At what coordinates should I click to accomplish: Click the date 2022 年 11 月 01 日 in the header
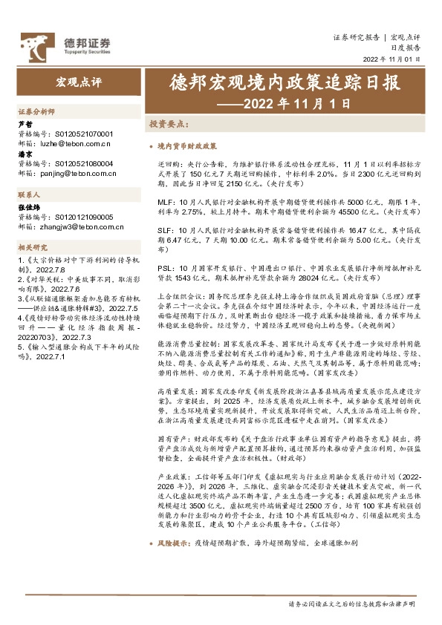tap(391, 59)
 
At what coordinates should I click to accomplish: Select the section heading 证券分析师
tap(36, 111)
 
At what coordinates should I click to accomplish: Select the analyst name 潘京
tap(25, 154)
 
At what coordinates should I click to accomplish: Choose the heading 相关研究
tap(32, 247)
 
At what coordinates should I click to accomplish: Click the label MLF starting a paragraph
tap(165, 202)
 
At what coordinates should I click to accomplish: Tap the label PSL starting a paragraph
tap(164, 266)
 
